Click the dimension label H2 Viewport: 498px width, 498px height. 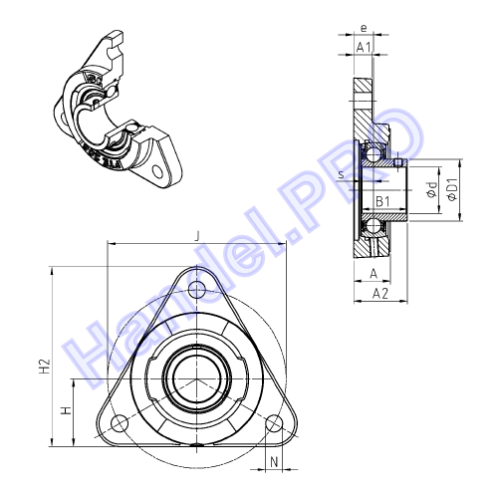click(45, 366)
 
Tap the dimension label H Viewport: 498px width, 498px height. click(67, 410)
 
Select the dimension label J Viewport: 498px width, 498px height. click(198, 236)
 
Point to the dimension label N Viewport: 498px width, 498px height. click(274, 461)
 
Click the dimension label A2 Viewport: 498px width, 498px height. click(380, 294)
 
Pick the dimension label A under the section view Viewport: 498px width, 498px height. click(374, 274)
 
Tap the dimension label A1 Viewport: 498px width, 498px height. click(364, 47)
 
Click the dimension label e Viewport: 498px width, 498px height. click(364, 29)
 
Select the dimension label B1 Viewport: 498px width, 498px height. click(382, 201)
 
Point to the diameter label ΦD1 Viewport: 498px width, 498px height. click(452, 189)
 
